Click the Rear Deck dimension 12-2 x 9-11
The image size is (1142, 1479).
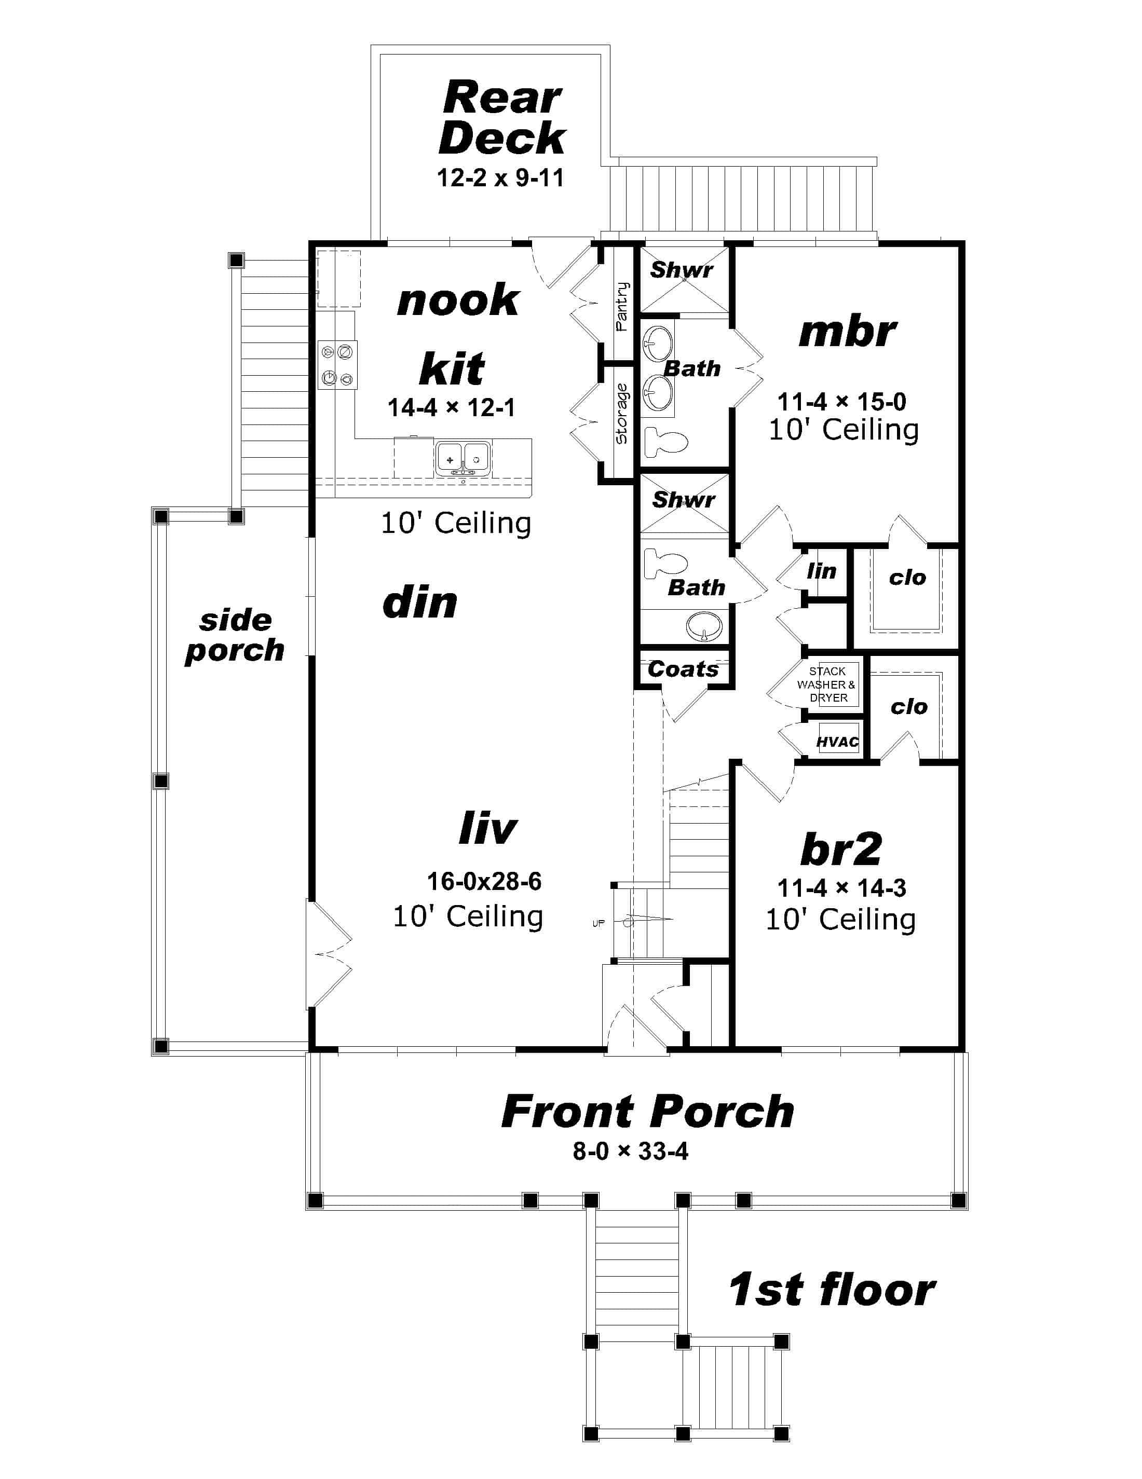(500, 178)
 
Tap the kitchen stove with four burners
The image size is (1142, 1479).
(337, 365)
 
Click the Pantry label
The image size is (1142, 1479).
(621, 306)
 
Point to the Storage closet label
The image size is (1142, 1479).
(621, 414)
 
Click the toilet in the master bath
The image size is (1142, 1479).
(664, 442)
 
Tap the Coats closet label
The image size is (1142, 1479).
(682, 669)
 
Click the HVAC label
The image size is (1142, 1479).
(837, 742)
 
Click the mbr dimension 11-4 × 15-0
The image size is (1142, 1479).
(841, 402)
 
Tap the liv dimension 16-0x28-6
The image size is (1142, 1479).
(484, 881)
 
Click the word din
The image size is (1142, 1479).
(420, 602)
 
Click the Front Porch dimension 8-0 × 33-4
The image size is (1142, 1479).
(630, 1151)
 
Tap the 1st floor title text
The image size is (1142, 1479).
(831, 1290)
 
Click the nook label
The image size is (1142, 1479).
(458, 300)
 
